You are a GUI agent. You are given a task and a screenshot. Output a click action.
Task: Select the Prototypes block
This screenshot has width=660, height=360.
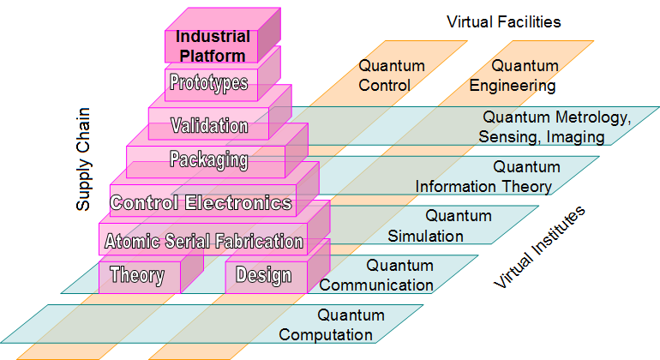209,83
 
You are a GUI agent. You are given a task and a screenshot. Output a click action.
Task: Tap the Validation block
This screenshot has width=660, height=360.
209,125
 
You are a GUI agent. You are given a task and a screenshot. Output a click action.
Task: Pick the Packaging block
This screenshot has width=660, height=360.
208,160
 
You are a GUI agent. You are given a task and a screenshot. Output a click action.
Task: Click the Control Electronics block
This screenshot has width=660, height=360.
202,203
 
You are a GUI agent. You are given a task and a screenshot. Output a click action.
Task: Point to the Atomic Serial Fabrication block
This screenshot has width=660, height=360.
204,242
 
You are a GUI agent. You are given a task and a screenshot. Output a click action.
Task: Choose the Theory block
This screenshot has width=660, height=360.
137,275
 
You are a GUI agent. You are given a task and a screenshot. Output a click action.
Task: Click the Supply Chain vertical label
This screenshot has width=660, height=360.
83,159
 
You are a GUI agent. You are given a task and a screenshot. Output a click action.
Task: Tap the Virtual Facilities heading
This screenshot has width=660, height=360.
504,21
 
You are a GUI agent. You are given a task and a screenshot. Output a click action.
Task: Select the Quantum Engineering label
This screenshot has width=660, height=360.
513,75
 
